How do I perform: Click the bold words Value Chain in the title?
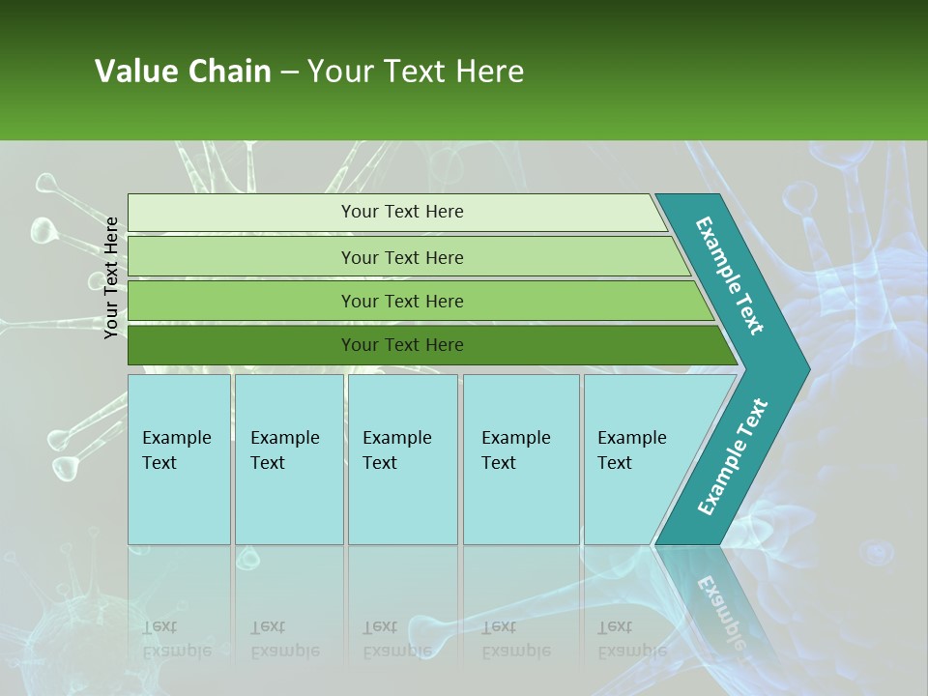pyautogui.click(x=183, y=72)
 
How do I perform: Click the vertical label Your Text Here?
pyautogui.click(x=111, y=277)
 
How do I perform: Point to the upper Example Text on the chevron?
pyautogui.click(x=730, y=275)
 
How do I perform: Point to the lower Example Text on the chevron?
pyautogui.click(x=733, y=457)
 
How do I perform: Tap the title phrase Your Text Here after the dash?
pyautogui.click(x=416, y=72)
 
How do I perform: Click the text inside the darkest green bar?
pyautogui.click(x=402, y=345)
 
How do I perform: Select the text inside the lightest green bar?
pyautogui.click(x=402, y=212)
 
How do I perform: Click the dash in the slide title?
pyautogui.click(x=289, y=72)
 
